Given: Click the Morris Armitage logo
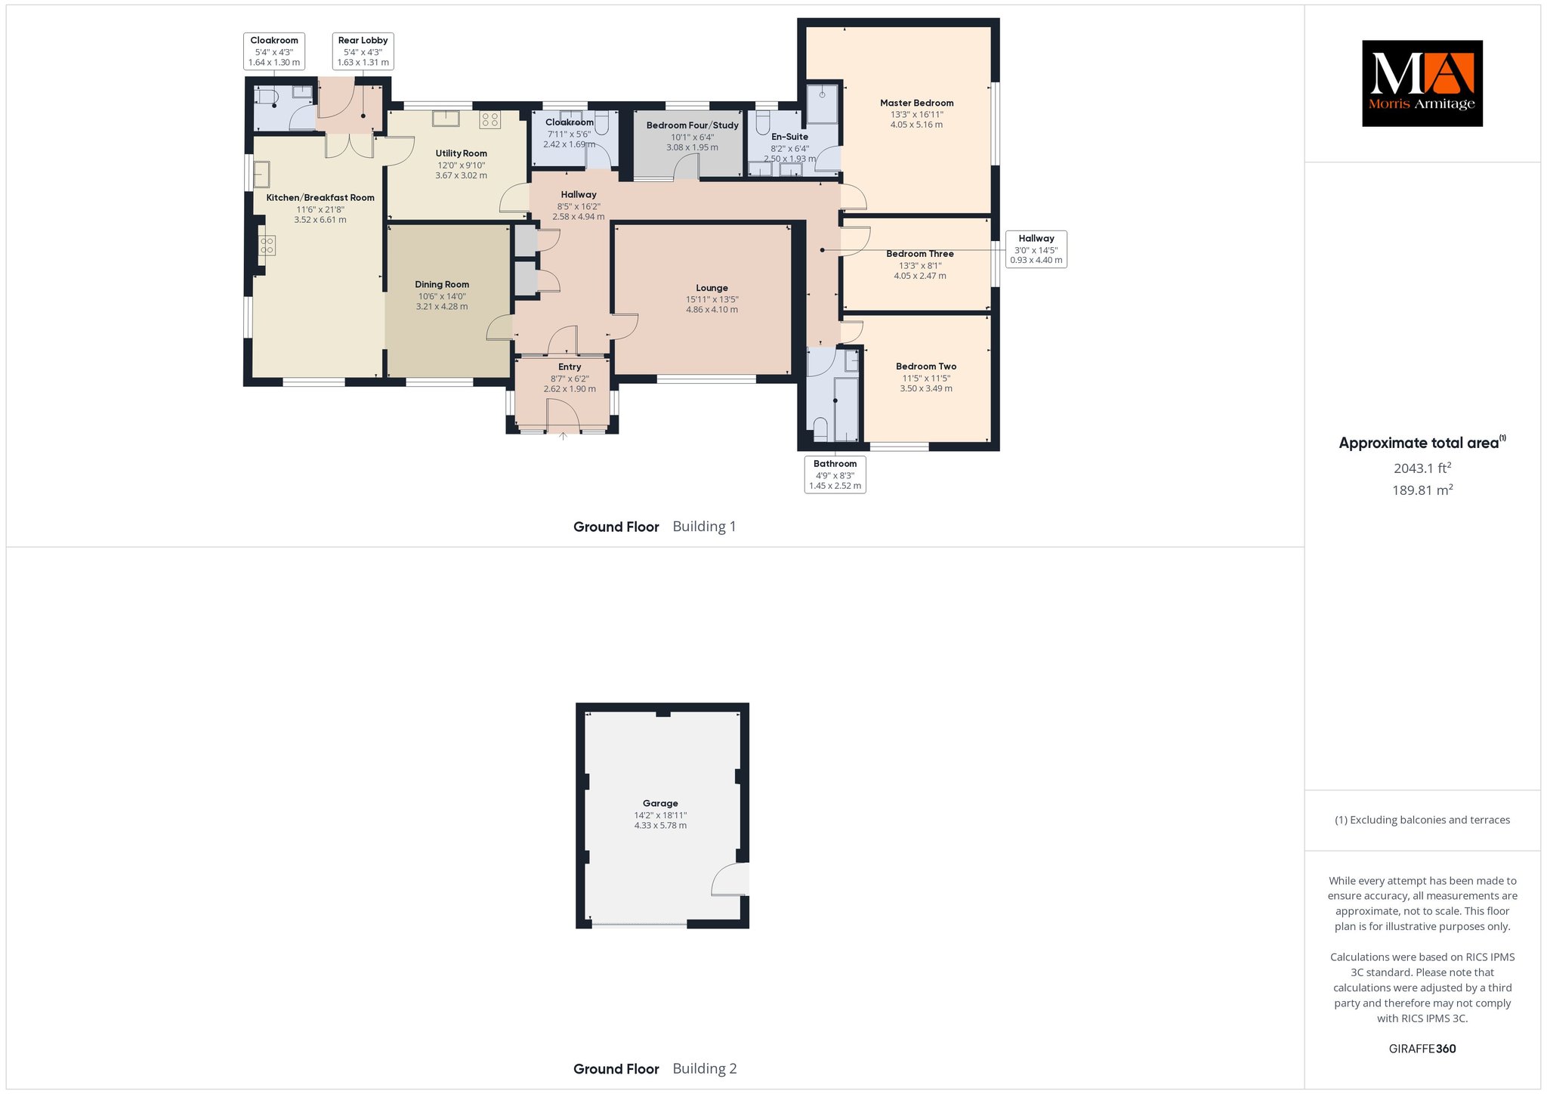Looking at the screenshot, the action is click(1422, 83).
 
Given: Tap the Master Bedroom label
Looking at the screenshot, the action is click(916, 103).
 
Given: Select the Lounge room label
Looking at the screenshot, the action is click(712, 288).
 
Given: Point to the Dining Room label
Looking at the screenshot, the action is click(442, 285).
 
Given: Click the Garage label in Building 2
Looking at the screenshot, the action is click(660, 803).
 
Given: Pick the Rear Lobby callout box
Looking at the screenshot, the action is click(363, 51).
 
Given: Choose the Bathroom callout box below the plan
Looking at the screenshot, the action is click(835, 474).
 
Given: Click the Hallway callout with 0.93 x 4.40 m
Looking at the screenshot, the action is click(1036, 249).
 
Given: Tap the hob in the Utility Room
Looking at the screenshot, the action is click(489, 119).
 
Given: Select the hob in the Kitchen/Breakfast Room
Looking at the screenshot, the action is click(267, 245).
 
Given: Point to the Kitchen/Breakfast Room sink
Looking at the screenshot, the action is click(261, 175).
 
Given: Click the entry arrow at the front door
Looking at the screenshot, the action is click(563, 436).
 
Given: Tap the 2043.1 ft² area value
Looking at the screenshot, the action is click(1422, 468).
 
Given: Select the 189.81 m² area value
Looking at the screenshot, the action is click(1422, 490).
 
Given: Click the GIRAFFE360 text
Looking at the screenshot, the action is click(1422, 1049).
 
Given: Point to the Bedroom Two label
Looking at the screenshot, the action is click(926, 366).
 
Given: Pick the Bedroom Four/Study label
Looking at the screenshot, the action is click(692, 125).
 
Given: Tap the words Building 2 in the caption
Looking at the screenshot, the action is click(704, 1068).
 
